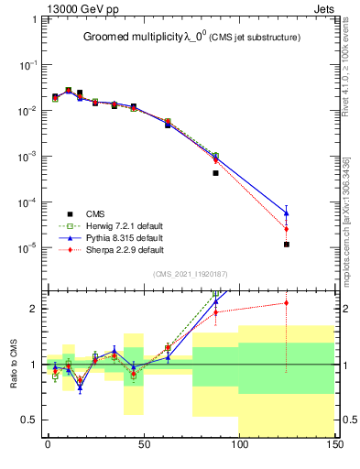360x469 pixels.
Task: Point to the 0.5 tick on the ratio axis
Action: pos(29,420)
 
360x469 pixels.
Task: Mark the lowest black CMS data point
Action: pos(287,245)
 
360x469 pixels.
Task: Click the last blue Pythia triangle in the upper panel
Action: pos(287,213)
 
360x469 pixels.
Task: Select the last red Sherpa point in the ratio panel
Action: pos(287,302)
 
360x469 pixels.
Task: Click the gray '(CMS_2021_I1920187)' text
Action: pos(191,273)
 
